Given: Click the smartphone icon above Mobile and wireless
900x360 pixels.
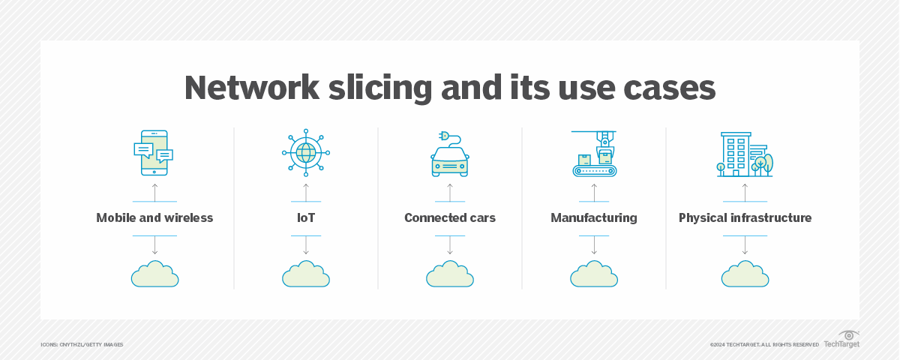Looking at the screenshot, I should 154,153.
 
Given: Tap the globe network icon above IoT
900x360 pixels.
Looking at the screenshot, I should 305,153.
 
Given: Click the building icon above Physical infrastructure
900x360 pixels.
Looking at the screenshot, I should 743,154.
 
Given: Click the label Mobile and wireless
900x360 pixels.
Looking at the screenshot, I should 154,218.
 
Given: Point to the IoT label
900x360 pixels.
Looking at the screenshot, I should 305,218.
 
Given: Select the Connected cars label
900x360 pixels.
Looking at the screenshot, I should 450,218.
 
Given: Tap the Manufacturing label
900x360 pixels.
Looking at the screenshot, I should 594,218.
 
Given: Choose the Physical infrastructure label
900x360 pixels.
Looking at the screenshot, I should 745,218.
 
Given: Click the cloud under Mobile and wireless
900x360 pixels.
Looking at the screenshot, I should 154,274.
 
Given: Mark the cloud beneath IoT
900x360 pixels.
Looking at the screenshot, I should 305,274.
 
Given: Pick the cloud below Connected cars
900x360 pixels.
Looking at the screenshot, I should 450,274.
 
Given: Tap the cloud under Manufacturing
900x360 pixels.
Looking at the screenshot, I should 594,274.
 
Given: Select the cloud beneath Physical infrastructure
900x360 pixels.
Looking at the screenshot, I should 745,274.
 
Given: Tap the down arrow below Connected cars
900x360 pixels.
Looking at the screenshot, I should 450,246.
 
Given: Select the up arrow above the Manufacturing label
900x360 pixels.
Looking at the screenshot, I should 594,192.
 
